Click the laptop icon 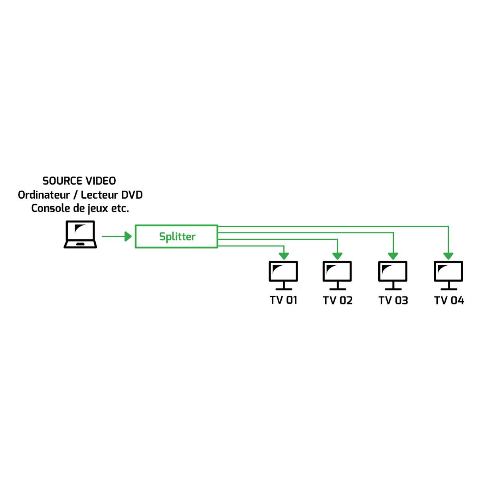click(80, 235)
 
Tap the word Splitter click(177, 237)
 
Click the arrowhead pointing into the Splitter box click(128, 237)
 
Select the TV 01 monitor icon click(283, 275)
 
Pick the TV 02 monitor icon click(337, 275)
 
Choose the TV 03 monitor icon click(393, 275)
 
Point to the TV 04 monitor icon click(448, 275)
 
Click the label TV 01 click(283, 300)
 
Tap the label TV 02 click(338, 300)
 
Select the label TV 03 click(393, 300)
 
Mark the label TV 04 click(449, 300)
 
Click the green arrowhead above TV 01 click(284, 255)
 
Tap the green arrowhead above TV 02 click(338, 255)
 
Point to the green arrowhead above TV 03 click(393, 255)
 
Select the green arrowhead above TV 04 click(448, 255)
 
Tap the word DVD click(132, 195)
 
